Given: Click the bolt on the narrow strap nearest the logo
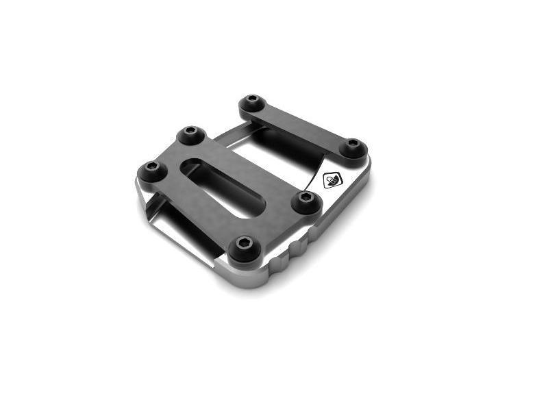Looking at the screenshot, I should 353,146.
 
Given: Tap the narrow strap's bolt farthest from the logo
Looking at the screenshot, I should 253,103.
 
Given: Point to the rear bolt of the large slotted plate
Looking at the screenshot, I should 192,134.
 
